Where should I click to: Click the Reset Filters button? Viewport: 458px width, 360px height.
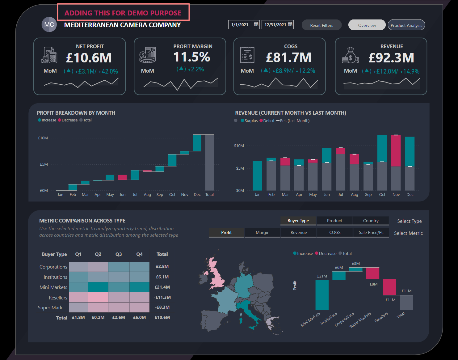click(x=321, y=25)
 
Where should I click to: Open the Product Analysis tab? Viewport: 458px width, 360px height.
click(x=406, y=25)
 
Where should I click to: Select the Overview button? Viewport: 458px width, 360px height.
click(x=367, y=25)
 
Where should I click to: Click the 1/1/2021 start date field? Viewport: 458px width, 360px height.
click(x=240, y=25)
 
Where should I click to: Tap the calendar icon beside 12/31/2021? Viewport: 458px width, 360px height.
click(x=290, y=24)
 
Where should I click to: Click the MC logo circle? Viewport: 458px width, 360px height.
click(x=49, y=25)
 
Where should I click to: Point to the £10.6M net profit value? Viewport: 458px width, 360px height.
click(x=89, y=58)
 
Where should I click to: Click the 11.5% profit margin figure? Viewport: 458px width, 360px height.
click(x=192, y=57)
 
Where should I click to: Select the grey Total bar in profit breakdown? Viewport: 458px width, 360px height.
click(x=209, y=163)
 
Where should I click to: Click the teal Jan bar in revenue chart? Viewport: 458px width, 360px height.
click(x=257, y=176)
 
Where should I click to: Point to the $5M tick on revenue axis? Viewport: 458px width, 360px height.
click(x=240, y=168)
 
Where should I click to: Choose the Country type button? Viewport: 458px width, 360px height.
click(x=371, y=221)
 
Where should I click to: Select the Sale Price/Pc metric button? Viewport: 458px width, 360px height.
click(x=371, y=232)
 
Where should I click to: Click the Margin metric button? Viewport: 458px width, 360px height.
click(x=263, y=232)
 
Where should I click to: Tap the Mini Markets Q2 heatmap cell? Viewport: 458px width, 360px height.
click(x=98, y=287)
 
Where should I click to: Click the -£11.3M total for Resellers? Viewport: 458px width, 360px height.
click(x=162, y=297)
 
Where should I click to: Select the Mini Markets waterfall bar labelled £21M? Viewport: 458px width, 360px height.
click(x=322, y=295)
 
